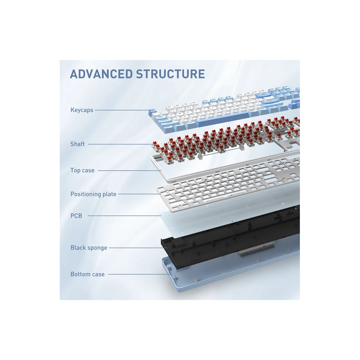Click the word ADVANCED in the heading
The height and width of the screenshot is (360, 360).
click(101, 74)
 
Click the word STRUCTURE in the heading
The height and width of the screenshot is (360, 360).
click(170, 74)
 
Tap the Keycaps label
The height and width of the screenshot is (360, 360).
click(82, 110)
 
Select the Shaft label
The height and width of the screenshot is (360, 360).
click(77, 144)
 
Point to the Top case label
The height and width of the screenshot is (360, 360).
click(82, 170)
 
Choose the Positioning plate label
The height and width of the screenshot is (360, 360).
click(94, 194)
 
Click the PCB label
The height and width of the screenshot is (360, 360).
click(76, 216)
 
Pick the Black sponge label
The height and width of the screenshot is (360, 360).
click(89, 248)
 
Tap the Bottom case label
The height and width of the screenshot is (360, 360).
click(87, 274)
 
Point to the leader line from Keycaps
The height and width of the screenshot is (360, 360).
click(122, 110)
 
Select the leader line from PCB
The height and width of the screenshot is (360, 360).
click(125, 216)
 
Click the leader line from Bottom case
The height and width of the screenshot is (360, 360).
click(136, 274)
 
